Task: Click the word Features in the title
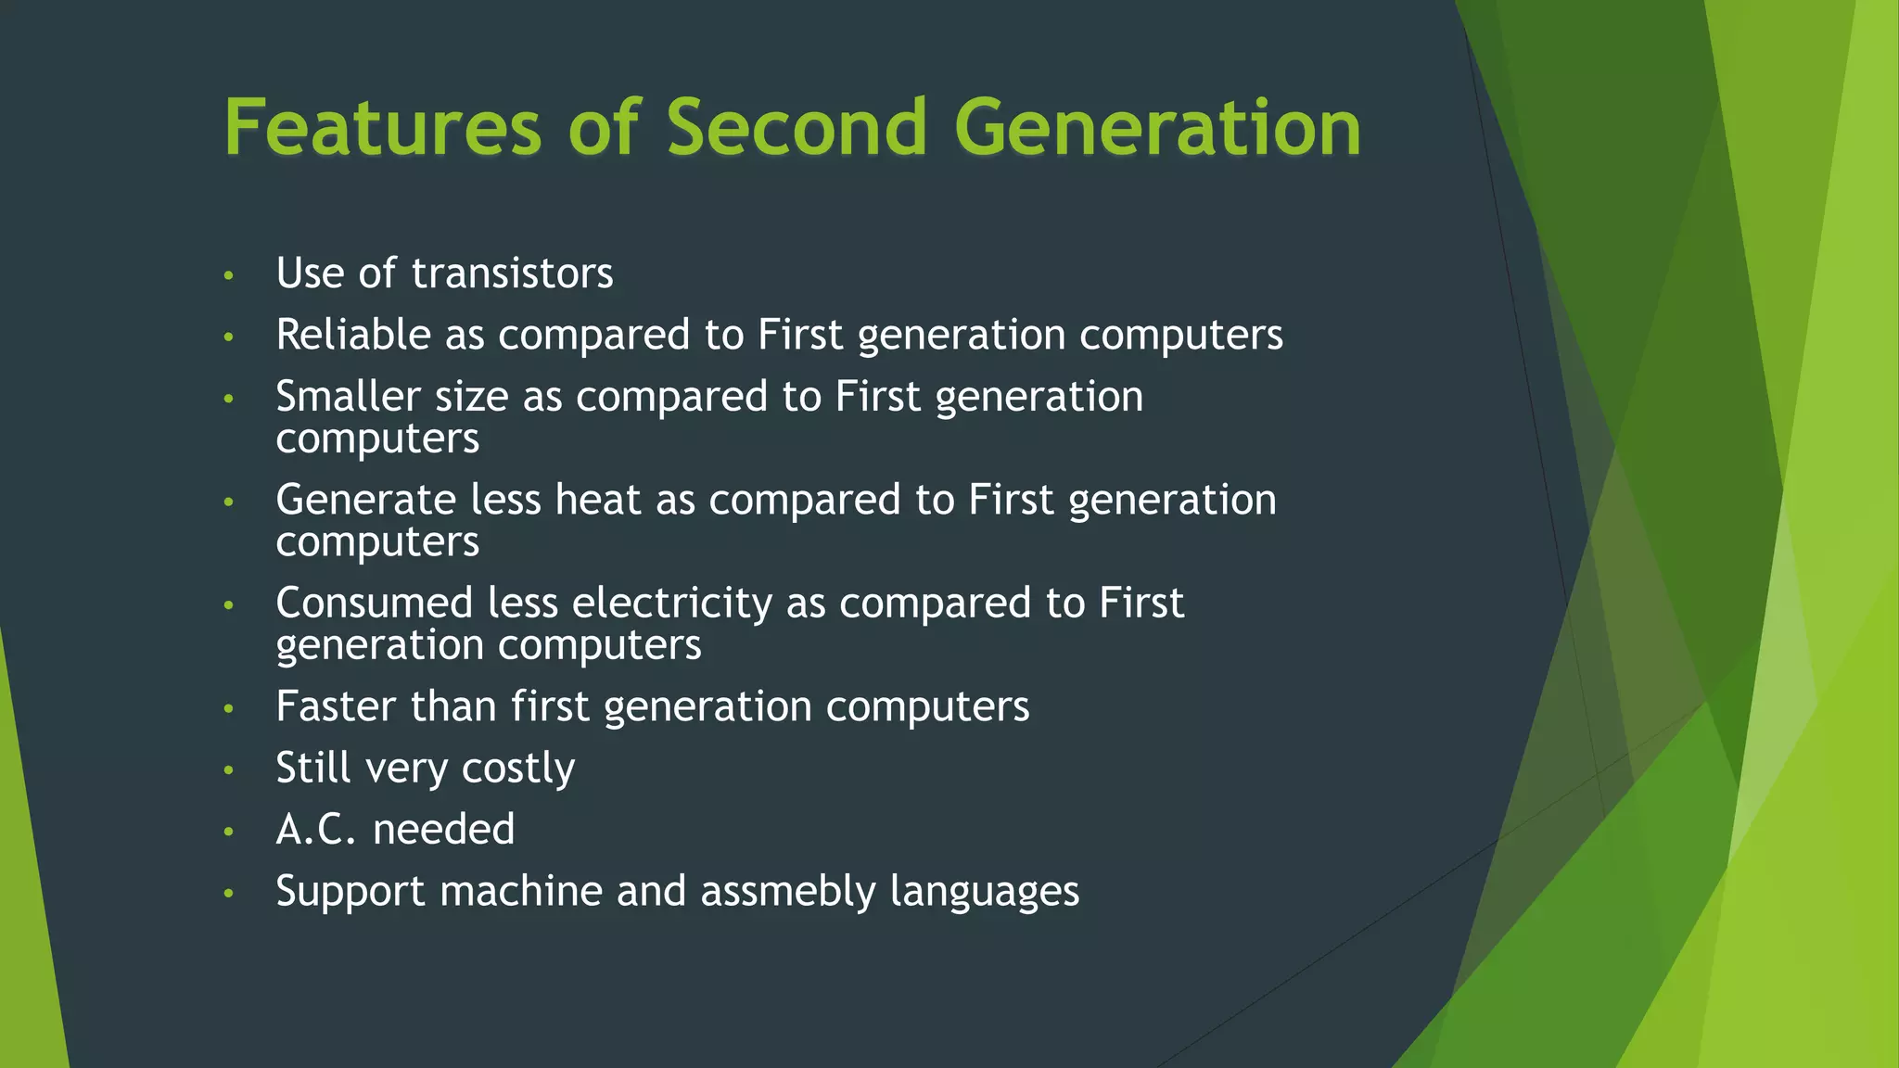pyautogui.click(x=382, y=127)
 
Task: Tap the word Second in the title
pyautogui.click(x=797, y=127)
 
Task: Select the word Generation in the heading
pyautogui.click(x=1157, y=127)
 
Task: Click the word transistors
pyautogui.click(x=512, y=273)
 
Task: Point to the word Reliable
pyautogui.click(x=352, y=335)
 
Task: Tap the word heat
pyautogui.click(x=597, y=500)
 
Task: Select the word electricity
pyautogui.click(x=671, y=604)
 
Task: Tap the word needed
pyautogui.click(x=443, y=829)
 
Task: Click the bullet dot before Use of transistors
pyautogui.click(x=228, y=275)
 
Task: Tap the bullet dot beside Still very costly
pyautogui.click(x=228, y=769)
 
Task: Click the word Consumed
pyautogui.click(x=375, y=604)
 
